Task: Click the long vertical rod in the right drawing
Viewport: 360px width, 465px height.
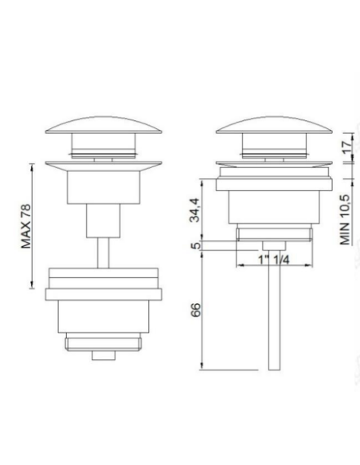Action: (x=275, y=318)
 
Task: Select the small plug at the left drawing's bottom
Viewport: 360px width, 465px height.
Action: (x=101, y=354)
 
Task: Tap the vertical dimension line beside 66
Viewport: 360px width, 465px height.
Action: (x=203, y=311)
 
